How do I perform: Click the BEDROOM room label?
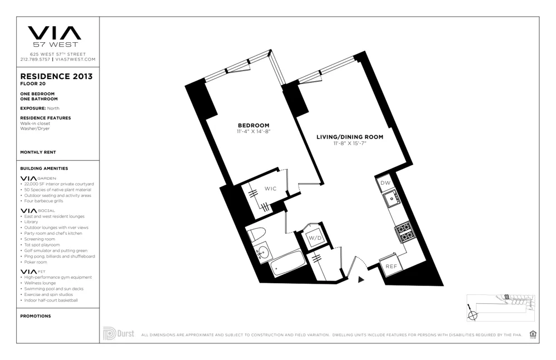coord(253,125)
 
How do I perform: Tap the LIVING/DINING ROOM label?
coord(350,137)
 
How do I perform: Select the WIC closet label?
coord(270,189)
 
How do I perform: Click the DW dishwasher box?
coord(384,183)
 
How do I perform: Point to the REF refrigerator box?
coord(391,267)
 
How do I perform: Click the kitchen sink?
coord(391,198)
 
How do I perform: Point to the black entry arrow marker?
coord(361,280)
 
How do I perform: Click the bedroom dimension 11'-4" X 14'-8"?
coord(253,132)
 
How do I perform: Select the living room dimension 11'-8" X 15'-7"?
coord(350,144)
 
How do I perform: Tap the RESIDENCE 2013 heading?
coord(56,76)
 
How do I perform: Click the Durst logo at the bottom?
coord(118,334)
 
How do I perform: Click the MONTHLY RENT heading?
coord(38,152)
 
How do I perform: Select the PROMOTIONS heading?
coord(35,316)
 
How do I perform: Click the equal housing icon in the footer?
coord(533,334)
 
